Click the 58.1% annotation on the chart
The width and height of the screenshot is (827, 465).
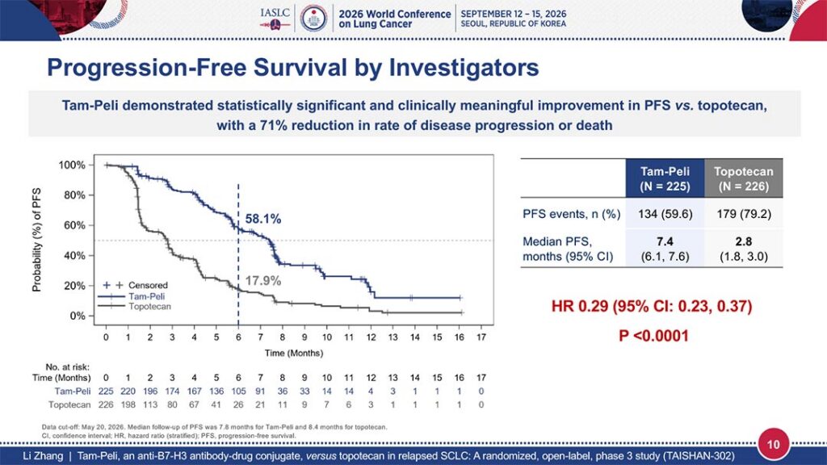click(263, 219)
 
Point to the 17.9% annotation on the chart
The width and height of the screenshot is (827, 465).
click(263, 280)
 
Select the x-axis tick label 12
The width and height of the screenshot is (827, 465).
click(371, 337)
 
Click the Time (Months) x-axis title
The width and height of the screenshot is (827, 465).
click(294, 354)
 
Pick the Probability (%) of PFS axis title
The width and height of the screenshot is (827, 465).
click(36, 240)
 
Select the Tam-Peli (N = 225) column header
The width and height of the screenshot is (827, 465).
click(665, 178)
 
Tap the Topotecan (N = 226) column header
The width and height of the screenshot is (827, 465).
click(743, 178)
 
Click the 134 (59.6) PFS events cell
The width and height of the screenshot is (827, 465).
click(665, 214)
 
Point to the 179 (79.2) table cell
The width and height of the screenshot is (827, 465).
click(744, 214)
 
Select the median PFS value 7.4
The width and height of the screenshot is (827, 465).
click(665, 241)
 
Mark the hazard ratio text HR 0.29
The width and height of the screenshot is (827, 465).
click(580, 306)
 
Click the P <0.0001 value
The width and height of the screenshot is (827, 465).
click(653, 336)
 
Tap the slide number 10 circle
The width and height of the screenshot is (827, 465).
click(773, 444)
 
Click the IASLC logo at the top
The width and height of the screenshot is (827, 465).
click(275, 19)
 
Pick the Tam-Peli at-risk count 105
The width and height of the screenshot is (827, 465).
click(238, 392)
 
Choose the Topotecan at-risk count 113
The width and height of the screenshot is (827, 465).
click(149, 405)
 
